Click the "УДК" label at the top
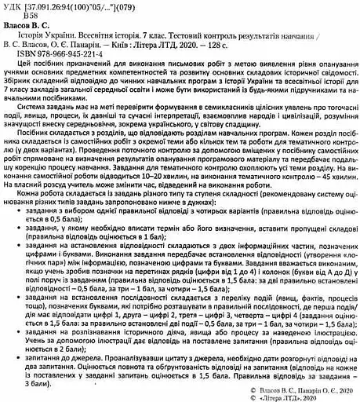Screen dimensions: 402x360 [13, 6]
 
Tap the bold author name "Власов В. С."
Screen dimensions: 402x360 [35, 26]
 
